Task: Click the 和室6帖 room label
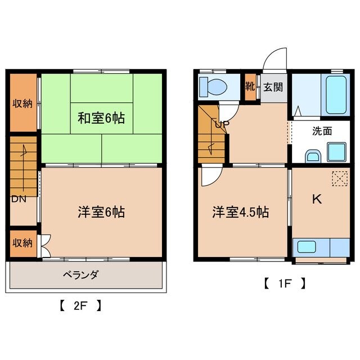(x=101, y=118)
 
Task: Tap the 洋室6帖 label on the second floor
(x=101, y=212)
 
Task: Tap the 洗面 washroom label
(x=322, y=130)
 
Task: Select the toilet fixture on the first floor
(x=213, y=87)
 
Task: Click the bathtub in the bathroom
(x=336, y=93)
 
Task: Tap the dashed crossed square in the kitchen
(x=339, y=178)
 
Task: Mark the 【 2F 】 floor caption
(x=80, y=307)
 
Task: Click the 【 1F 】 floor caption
(x=285, y=283)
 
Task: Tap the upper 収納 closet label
(x=23, y=103)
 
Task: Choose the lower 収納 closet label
(x=23, y=242)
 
